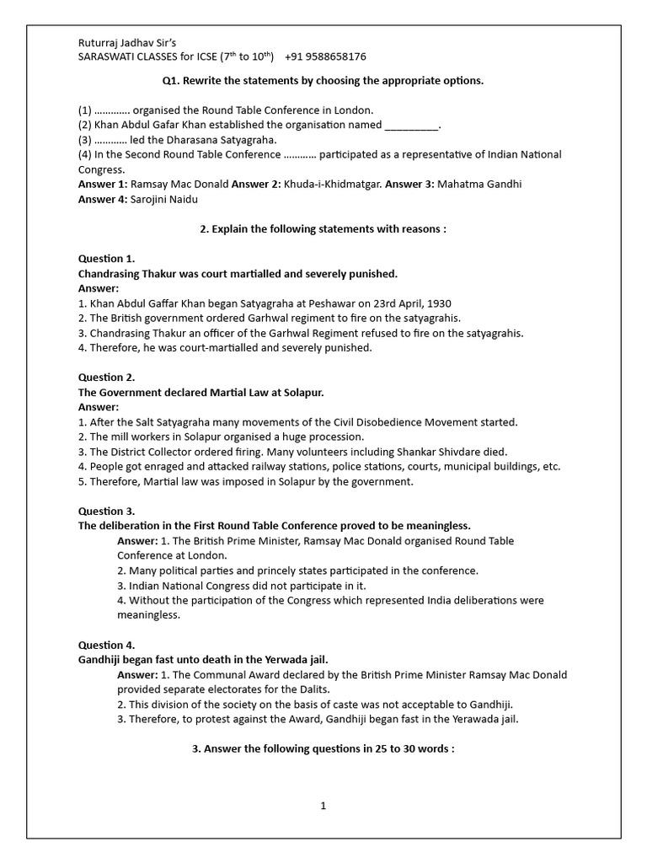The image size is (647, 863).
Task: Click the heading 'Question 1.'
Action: click(106, 258)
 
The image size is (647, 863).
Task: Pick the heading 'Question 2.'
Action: click(106, 378)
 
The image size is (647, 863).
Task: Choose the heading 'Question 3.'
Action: click(106, 511)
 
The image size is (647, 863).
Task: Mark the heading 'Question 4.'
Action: click(106, 645)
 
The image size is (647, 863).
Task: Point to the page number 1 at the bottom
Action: click(323, 806)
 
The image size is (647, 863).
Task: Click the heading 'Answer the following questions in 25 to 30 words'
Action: click(323, 748)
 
